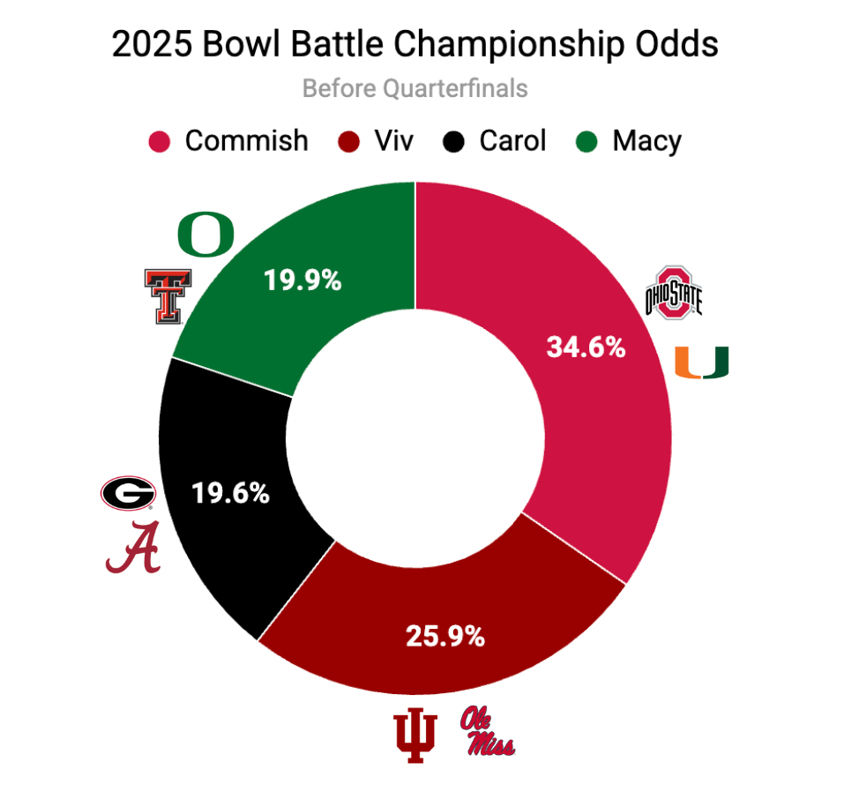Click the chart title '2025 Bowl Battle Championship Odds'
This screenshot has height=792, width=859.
(415, 45)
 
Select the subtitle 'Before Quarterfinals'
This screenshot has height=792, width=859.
(415, 88)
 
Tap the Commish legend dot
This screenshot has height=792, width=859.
(160, 141)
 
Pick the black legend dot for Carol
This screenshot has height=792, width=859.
(454, 141)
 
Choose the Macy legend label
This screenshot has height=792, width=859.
(646, 141)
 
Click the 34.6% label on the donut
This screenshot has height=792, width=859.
(586, 347)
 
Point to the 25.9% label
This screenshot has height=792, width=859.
(444, 636)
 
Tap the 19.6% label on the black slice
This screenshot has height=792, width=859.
(229, 493)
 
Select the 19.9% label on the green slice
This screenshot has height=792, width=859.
(303, 280)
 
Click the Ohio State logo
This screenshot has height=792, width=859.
(674, 290)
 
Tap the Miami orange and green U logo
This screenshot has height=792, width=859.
(701, 362)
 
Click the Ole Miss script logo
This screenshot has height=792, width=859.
(486, 732)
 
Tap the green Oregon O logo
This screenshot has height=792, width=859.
(205, 233)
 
